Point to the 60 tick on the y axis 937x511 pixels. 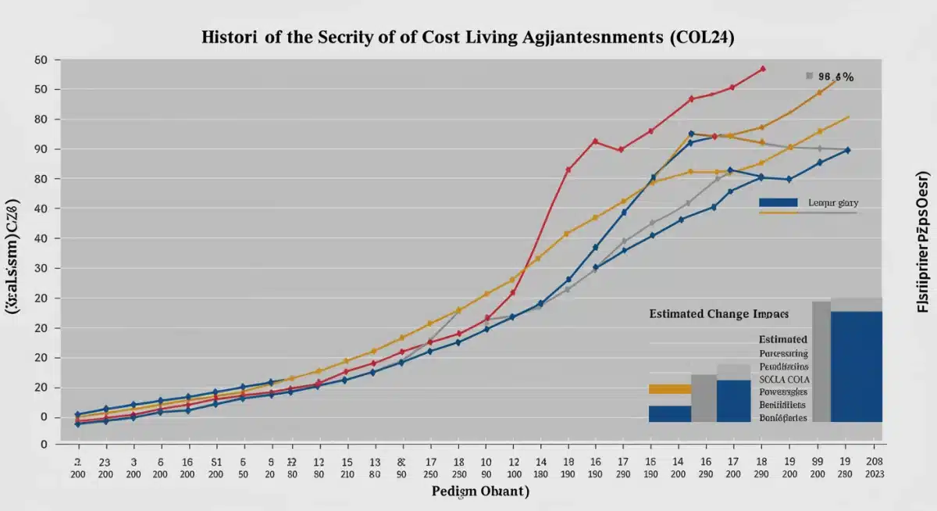coord(41,60)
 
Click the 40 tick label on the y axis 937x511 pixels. coord(41,209)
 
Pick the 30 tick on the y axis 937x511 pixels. coord(41,268)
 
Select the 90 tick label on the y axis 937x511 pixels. coord(41,149)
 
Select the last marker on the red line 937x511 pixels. coord(762,69)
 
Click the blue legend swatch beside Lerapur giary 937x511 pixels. coord(778,202)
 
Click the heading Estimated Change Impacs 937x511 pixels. coord(718,313)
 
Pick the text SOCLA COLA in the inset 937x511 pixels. coord(784,378)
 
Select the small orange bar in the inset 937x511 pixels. coord(670,388)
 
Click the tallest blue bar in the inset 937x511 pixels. coord(857,366)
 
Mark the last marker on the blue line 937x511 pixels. coord(848,150)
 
